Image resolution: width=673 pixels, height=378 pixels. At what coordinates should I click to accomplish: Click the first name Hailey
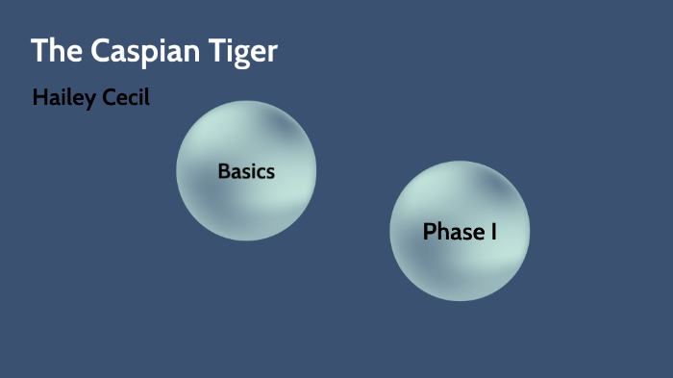(x=63, y=98)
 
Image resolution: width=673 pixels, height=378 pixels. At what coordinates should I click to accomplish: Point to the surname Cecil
(x=125, y=98)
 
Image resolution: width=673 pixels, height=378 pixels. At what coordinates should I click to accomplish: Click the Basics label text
(x=246, y=172)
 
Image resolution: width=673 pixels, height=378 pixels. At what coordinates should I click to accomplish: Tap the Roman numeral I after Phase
(x=493, y=232)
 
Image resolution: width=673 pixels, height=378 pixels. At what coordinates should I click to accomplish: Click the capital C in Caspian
(x=100, y=51)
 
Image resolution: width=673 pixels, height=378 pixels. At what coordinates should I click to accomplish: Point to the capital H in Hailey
(x=39, y=97)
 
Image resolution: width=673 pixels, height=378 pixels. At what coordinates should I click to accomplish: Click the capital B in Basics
(x=224, y=172)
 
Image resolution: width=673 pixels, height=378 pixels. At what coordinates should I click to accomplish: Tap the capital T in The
(x=39, y=51)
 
